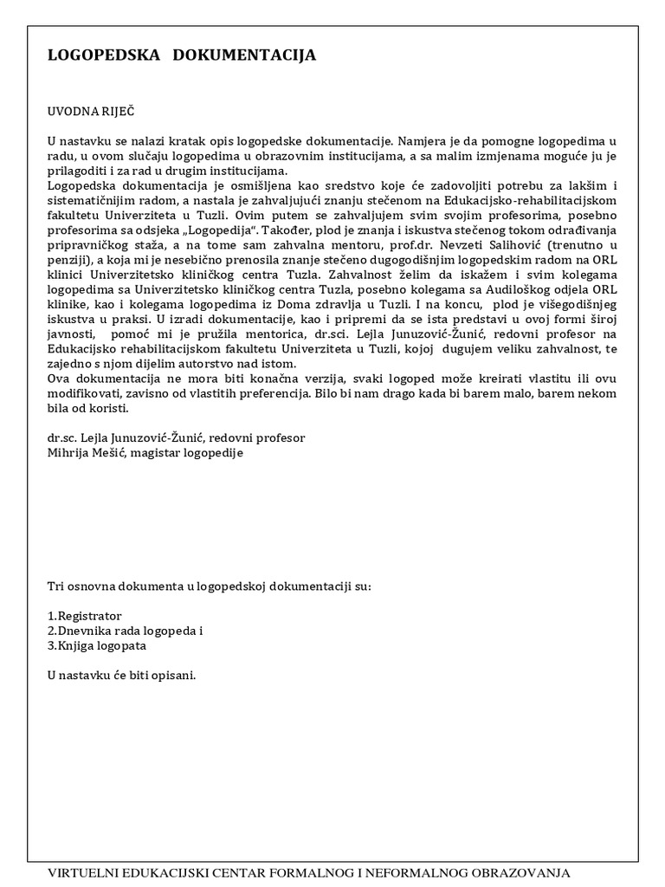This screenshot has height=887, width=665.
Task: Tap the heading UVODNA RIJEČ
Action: click(92, 112)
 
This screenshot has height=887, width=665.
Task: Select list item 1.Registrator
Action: click(85, 614)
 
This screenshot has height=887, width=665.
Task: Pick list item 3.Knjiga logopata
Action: click(97, 645)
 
